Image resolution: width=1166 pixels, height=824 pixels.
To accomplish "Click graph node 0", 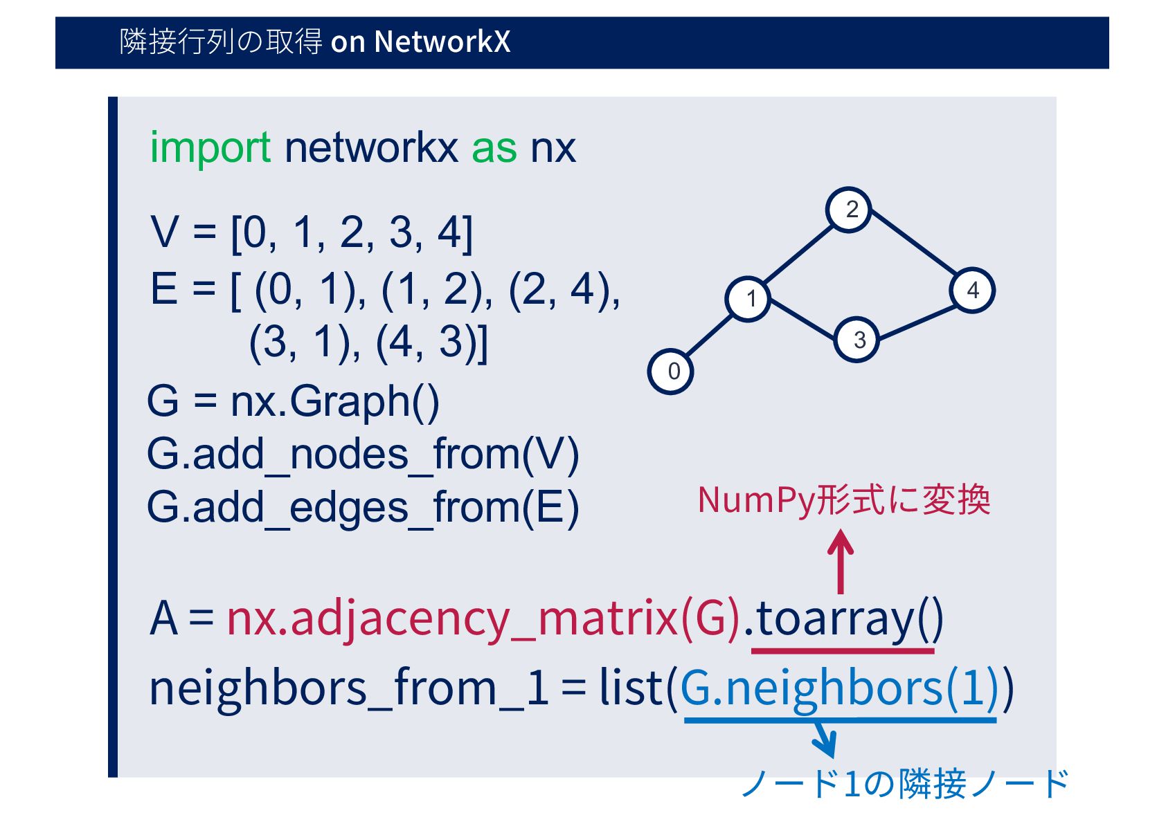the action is tap(670, 372).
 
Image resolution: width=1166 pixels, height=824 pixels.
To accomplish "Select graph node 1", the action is tap(748, 299).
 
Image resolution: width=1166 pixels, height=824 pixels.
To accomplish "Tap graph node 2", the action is tap(849, 209).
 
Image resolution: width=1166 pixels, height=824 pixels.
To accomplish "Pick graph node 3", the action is tap(857, 340).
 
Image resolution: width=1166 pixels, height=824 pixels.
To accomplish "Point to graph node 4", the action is tap(972, 291).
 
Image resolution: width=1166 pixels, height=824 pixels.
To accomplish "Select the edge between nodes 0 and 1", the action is tap(710, 335).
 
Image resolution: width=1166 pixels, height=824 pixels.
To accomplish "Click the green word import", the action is tap(210, 147).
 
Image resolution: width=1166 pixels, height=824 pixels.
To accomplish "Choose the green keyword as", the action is tap(494, 147).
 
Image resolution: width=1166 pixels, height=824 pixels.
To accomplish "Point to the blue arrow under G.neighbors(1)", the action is tap(825, 740).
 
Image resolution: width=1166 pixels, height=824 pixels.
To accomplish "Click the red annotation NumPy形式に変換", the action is tap(844, 500).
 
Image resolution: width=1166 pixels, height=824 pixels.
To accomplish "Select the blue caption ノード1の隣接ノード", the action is tap(904, 784).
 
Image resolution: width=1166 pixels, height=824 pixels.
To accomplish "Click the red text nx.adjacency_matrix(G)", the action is tap(483, 618).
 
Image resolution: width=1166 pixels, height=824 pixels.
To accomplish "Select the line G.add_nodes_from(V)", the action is tap(363, 455).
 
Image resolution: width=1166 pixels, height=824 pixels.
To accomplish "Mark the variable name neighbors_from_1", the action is tap(349, 688).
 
